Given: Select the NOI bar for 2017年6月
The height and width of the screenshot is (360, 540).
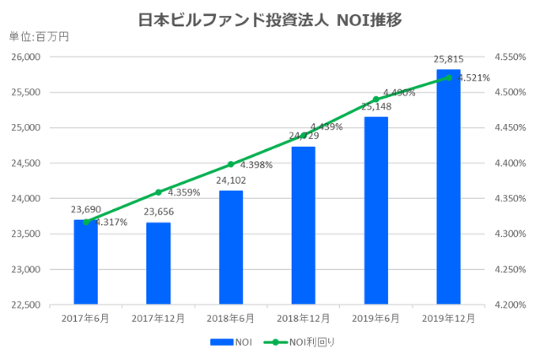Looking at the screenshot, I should [x=85, y=261].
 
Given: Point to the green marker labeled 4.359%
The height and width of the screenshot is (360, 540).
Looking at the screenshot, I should [x=158, y=192].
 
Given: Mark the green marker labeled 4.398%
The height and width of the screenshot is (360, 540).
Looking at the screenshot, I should [x=230, y=164].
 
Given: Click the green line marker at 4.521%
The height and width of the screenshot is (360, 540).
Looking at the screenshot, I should [x=448, y=78].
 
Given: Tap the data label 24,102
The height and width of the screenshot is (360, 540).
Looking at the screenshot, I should [x=230, y=180].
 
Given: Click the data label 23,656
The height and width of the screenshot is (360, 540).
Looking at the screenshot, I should [x=158, y=212].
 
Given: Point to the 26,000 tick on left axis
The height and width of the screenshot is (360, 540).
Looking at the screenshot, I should [x=27, y=56].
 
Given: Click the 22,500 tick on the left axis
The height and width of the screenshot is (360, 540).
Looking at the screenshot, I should [x=27, y=304].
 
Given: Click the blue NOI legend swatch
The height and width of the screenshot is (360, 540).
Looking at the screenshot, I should [x=220, y=342].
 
